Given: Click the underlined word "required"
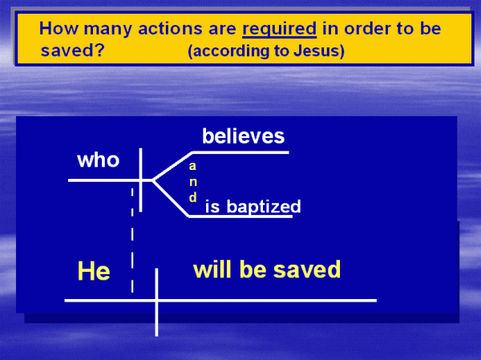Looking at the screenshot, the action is (279, 29).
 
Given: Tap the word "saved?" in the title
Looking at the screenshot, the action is (73, 50).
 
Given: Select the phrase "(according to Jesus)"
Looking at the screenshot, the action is (266, 51).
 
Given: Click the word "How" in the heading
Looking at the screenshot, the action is (59, 29).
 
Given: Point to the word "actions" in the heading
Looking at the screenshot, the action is (170, 29).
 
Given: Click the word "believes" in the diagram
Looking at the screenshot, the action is (243, 136).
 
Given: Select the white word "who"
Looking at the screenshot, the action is (98, 160).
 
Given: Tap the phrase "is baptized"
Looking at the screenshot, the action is (253, 206).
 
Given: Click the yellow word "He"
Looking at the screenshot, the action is (94, 271).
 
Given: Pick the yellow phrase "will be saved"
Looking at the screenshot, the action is (267, 269).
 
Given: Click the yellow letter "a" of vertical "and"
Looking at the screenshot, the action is (192, 166).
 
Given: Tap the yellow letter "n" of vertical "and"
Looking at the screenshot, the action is (193, 182).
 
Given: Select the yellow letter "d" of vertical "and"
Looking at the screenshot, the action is (192, 197).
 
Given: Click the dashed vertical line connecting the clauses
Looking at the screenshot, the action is (132, 241).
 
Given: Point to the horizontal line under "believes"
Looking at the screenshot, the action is (240, 152).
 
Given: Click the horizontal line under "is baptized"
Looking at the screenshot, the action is (240, 216).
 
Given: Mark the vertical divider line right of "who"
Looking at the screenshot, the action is (140, 180).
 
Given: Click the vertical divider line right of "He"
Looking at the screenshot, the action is (157, 302).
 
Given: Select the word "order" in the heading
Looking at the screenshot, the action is (367, 29).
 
